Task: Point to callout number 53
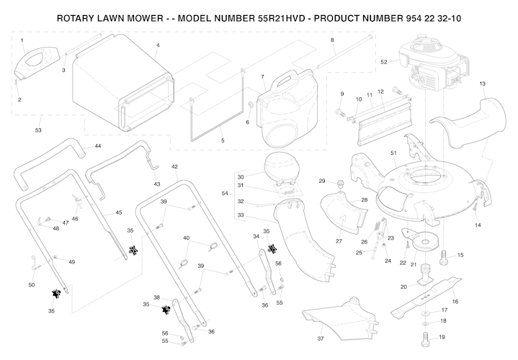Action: point(38,130)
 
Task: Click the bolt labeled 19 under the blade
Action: point(424,336)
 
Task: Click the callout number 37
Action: point(320,338)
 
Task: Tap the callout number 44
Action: point(98,146)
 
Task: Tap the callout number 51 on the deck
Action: point(393,153)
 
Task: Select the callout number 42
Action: point(175,166)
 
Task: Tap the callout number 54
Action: point(224,194)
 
